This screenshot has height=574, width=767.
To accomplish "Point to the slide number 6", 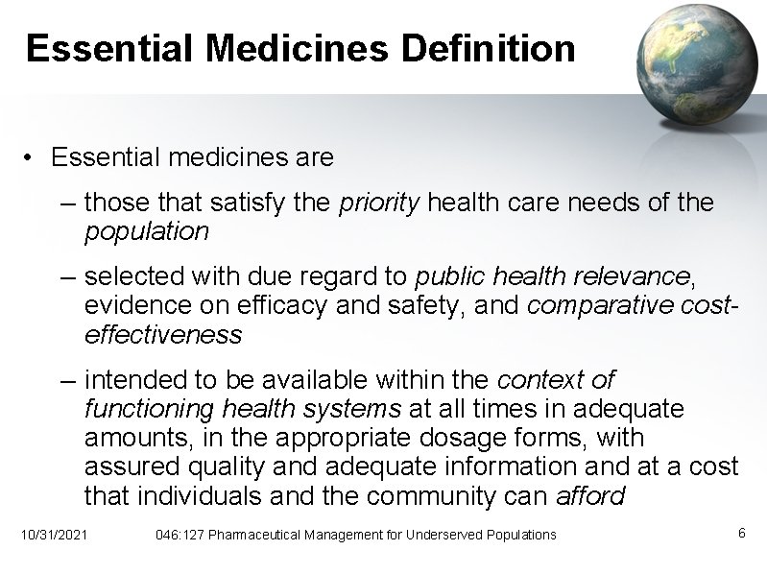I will [x=741, y=533].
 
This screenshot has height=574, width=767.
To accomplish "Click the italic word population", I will [x=146, y=231].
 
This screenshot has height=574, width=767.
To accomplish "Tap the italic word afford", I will [x=590, y=496].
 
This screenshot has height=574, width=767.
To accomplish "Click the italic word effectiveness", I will [x=163, y=335].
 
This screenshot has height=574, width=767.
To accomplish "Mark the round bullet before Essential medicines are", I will [x=32, y=157].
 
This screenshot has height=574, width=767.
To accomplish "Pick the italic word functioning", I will [x=149, y=409].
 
